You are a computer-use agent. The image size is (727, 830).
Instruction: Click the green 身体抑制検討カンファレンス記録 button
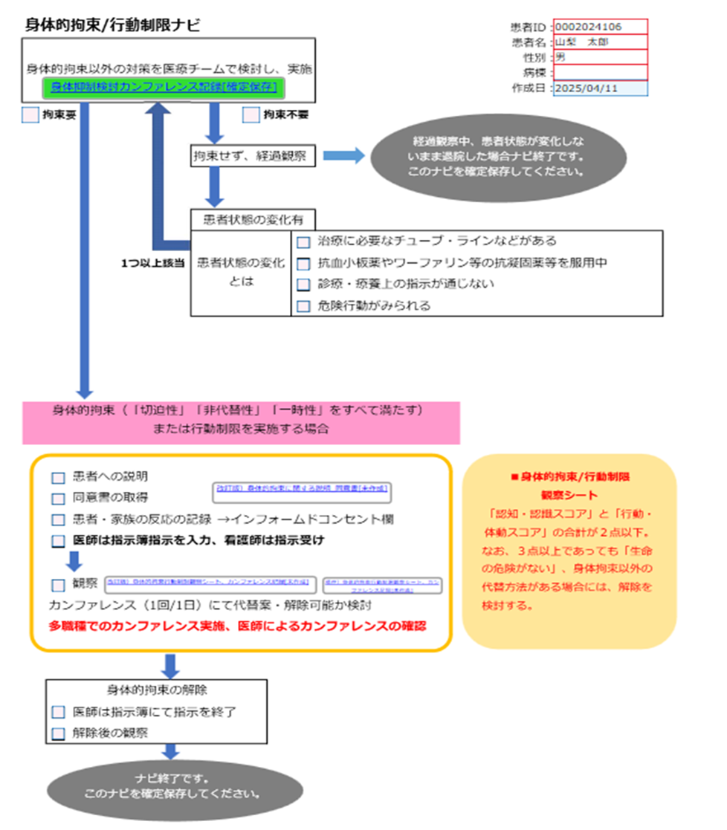pyautogui.click(x=167, y=87)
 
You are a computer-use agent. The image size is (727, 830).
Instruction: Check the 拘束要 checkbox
pyautogui.click(x=30, y=115)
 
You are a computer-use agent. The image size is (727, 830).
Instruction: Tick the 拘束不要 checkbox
pyautogui.click(x=251, y=115)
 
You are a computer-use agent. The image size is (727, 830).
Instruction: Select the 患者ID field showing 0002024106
pyautogui.click(x=598, y=27)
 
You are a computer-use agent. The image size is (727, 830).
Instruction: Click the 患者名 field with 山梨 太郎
pyautogui.click(x=598, y=42)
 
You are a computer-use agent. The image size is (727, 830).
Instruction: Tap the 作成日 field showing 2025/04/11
pyautogui.click(x=598, y=88)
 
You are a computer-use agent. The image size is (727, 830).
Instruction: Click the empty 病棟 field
pyautogui.click(x=598, y=72)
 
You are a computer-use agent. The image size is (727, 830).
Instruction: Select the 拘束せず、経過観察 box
pyautogui.click(x=252, y=156)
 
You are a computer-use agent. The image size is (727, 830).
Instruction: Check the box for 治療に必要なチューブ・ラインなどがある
pyautogui.click(x=303, y=242)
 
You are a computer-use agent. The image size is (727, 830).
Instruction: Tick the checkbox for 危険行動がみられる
pyautogui.click(x=303, y=305)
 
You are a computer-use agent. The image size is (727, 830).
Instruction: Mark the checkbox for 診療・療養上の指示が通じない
pyautogui.click(x=303, y=285)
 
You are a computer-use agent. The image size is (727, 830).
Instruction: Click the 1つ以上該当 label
pyautogui.click(x=152, y=263)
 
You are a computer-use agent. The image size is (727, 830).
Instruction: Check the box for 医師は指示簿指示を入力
pyautogui.click(x=58, y=542)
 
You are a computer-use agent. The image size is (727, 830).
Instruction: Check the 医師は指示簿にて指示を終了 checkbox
pyautogui.click(x=58, y=712)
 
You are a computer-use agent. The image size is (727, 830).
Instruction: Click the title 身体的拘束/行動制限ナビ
pyautogui.click(x=112, y=25)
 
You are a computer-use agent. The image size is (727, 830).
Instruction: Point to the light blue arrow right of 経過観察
pyautogui.click(x=344, y=155)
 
